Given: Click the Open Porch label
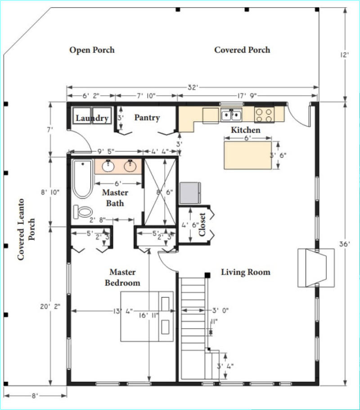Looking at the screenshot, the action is pyautogui.click(x=92, y=50).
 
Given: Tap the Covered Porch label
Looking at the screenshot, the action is pyautogui.click(x=242, y=50).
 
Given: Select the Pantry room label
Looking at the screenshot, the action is pyautogui.click(x=147, y=118).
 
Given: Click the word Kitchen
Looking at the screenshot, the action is pyautogui.click(x=246, y=130).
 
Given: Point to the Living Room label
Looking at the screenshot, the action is pyautogui.click(x=246, y=272).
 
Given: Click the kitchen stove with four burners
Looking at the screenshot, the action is pyautogui.click(x=264, y=115).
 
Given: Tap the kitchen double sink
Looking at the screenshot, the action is pyautogui.click(x=231, y=115).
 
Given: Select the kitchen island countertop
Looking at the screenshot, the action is pyautogui.click(x=247, y=155).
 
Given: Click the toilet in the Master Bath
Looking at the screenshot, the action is pyautogui.click(x=83, y=212).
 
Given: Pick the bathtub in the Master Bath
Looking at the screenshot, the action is pyautogui.click(x=83, y=179).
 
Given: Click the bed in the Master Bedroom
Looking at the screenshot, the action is pyautogui.click(x=147, y=316).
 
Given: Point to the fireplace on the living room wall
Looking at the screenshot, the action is pyautogui.click(x=316, y=268).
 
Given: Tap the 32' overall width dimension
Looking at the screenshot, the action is pyautogui.click(x=193, y=87).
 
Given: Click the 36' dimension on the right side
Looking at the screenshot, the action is pyautogui.click(x=345, y=244).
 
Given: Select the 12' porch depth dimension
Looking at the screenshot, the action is pyautogui.click(x=345, y=55).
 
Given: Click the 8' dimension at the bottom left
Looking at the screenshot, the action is pyautogui.click(x=35, y=396).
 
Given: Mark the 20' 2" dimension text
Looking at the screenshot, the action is pyautogui.click(x=50, y=307).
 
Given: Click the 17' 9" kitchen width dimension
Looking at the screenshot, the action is pyautogui.click(x=247, y=96).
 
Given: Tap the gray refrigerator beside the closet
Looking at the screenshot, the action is pyautogui.click(x=190, y=193).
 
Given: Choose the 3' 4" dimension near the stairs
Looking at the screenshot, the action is pyautogui.click(x=225, y=366).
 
